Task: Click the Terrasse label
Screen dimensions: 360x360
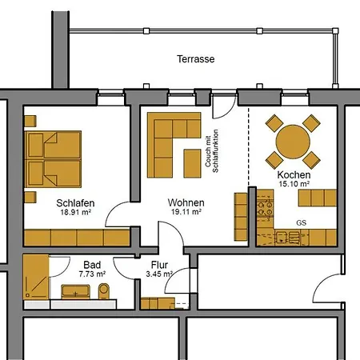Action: point(196,59)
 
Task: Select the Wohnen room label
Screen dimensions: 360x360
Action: point(186,202)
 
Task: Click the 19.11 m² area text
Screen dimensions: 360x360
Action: point(185,214)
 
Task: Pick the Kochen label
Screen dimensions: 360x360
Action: point(294,174)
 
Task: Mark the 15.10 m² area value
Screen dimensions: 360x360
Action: point(294,184)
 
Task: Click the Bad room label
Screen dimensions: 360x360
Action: point(91,263)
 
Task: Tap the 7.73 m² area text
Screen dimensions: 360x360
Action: point(92,274)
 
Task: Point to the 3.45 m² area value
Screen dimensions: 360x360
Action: point(159,274)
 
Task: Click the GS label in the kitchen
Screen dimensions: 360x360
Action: point(302,222)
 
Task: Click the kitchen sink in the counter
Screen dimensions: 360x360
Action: point(282,237)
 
